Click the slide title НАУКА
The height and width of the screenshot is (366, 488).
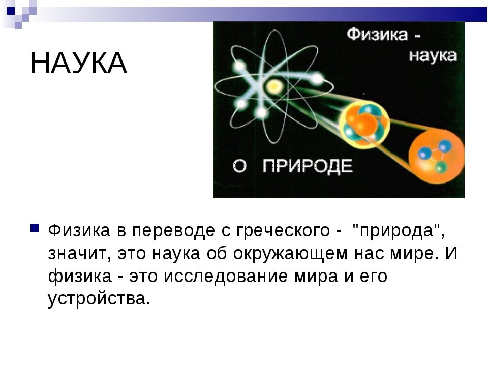click(78, 63)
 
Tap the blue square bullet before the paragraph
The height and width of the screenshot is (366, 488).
click(35, 228)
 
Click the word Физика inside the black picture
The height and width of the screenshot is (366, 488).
click(377, 34)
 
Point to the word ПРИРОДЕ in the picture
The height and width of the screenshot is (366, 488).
click(308, 166)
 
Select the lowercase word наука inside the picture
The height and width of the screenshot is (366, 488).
click(433, 56)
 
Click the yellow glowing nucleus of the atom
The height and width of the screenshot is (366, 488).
click(274, 86)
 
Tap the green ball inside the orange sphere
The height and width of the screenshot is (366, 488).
click(440, 167)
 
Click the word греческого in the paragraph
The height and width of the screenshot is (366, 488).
click(283, 231)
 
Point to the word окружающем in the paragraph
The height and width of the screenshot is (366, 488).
click(290, 254)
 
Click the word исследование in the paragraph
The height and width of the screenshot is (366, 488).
click(225, 276)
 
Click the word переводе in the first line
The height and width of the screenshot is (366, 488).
click(174, 231)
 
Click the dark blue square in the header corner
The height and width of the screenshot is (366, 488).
click(11, 11)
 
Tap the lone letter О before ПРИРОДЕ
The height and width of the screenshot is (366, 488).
click(239, 166)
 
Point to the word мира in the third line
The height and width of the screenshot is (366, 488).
click(316, 277)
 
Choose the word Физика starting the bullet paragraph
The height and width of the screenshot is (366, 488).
click(79, 231)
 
